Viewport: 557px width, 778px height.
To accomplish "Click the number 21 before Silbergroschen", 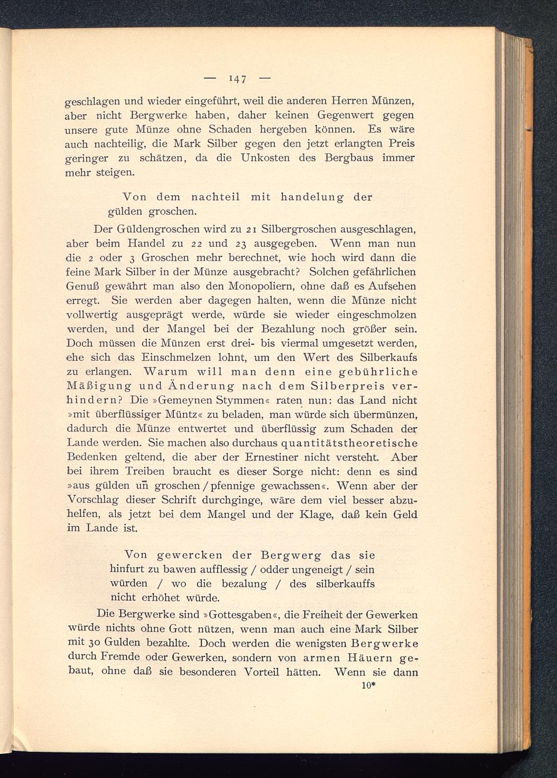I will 251,229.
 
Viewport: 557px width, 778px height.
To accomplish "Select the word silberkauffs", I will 345,584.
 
